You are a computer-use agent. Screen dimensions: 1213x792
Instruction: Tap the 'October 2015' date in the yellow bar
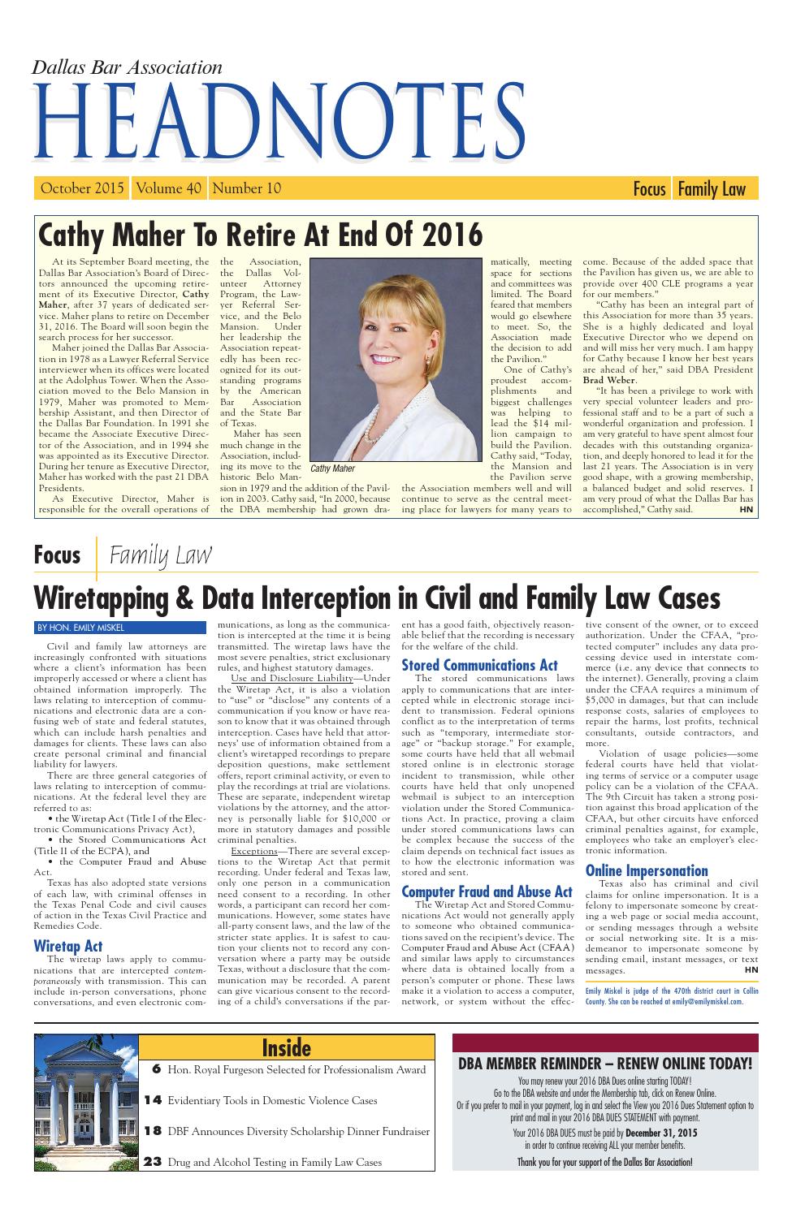tap(82, 188)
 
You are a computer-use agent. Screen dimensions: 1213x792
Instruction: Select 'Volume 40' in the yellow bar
tap(169, 188)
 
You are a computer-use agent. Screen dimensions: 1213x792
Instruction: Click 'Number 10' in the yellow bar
tap(246, 188)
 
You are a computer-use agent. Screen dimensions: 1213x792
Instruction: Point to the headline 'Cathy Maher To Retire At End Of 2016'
tap(261, 235)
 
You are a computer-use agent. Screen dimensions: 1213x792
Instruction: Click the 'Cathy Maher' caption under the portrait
tap(333, 468)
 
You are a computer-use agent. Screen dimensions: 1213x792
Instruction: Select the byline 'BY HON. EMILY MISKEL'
tap(80, 627)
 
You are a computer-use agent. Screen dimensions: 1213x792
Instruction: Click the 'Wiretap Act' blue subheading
tap(68, 946)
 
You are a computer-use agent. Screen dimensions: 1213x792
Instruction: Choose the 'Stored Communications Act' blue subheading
tap(480, 665)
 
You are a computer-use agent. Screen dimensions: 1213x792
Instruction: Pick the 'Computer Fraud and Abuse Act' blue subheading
tap(487, 891)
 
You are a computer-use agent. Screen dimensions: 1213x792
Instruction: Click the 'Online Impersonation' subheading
tap(647, 870)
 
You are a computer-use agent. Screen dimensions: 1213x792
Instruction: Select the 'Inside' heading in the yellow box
tap(287, 1048)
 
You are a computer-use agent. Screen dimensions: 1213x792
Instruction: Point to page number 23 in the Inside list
tap(153, 1162)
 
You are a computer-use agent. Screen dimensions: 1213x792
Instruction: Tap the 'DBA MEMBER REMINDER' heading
tap(605, 1064)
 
